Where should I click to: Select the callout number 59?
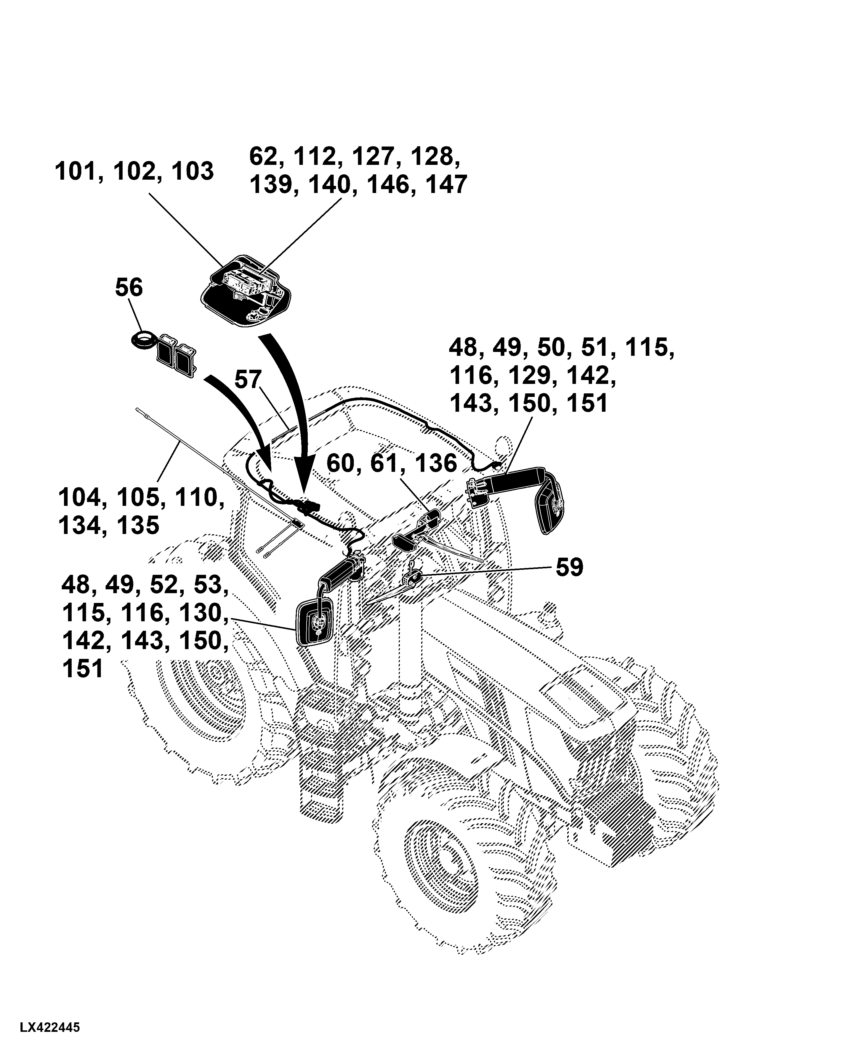pyautogui.click(x=570, y=567)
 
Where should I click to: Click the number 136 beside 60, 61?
pyautogui.click(x=436, y=464)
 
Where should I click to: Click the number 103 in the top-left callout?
pyautogui.click(x=193, y=172)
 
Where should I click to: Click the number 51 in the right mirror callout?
pyautogui.click(x=594, y=347)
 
